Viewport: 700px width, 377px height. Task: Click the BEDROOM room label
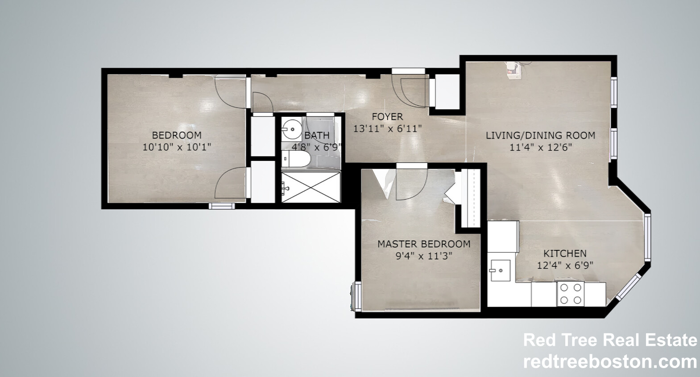177,135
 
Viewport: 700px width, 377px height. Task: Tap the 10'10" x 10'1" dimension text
177,147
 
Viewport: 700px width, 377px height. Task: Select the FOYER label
387,117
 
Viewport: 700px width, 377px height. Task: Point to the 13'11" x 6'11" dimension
387,129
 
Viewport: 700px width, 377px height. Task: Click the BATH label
317,135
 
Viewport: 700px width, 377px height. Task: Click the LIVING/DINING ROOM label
540,135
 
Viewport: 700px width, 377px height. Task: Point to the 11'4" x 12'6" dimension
540,147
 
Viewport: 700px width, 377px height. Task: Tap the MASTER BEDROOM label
423,244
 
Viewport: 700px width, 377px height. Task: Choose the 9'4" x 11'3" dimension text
423,256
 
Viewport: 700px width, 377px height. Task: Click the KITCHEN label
565,253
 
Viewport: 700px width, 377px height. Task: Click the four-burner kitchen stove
571,294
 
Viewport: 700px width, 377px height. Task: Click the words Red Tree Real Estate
609,340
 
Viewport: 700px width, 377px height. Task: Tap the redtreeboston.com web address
609,361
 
